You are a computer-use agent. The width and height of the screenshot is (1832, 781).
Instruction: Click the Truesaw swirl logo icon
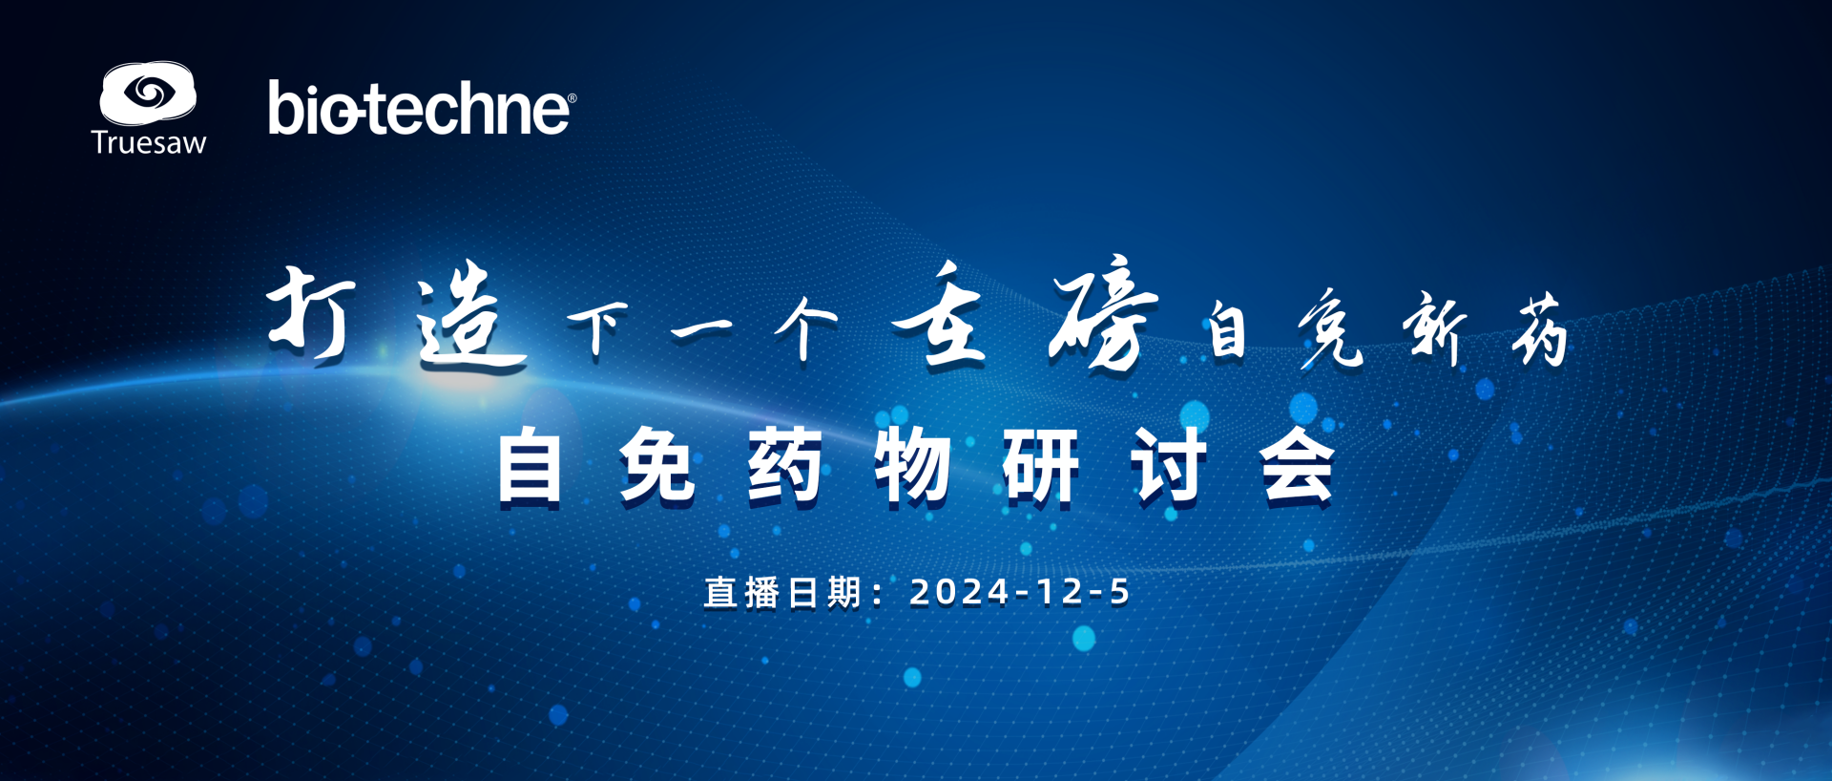pyautogui.click(x=148, y=93)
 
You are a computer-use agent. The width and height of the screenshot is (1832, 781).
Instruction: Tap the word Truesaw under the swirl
pyautogui.click(x=149, y=143)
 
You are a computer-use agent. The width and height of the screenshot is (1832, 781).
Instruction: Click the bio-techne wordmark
pyautogui.click(x=422, y=107)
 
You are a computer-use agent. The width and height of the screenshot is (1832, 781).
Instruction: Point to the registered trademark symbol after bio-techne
pyautogui.click(x=572, y=98)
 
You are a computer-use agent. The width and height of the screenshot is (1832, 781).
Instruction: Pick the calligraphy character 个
pyautogui.click(x=806, y=327)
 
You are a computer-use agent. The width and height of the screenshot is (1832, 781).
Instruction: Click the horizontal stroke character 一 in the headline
pyautogui.click(x=701, y=330)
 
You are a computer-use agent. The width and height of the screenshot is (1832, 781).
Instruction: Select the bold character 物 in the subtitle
pyautogui.click(x=912, y=465)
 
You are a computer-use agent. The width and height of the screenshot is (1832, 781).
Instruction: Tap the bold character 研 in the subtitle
pyautogui.click(x=1040, y=465)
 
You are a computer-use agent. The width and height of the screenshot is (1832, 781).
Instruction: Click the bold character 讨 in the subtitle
pyautogui.click(x=1169, y=465)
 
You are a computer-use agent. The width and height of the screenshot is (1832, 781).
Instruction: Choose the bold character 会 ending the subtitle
pyautogui.click(x=1297, y=465)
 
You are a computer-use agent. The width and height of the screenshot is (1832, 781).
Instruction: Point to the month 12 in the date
pyautogui.click(x=1059, y=592)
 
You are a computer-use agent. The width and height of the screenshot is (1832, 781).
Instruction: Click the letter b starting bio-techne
pyautogui.click(x=285, y=107)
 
